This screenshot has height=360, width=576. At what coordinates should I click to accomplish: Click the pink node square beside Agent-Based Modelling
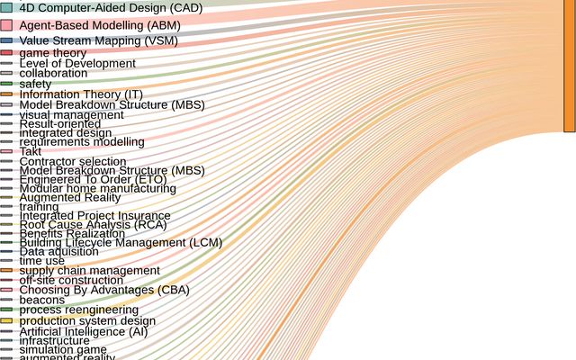click(x=6, y=25)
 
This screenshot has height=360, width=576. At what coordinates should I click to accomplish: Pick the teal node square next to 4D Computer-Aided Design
click(x=6, y=7)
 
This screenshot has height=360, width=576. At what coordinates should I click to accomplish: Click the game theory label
click(x=53, y=53)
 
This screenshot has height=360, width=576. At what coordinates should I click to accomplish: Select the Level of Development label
click(x=77, y=64)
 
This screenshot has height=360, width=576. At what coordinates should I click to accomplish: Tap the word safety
click(x=35, y=84)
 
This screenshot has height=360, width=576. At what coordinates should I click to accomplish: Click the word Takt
click(x=31, y=151)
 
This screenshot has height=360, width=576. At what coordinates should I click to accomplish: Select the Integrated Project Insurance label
click(x=94, y=216)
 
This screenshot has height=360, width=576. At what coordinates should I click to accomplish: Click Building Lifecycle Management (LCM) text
click(x=121, y=243)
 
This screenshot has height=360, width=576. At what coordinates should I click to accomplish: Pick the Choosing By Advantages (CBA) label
click(x=104, y=290)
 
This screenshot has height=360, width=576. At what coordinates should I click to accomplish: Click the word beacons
click(x=42, y=300)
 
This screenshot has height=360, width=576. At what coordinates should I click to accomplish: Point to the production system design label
click(x=87, y=320)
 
